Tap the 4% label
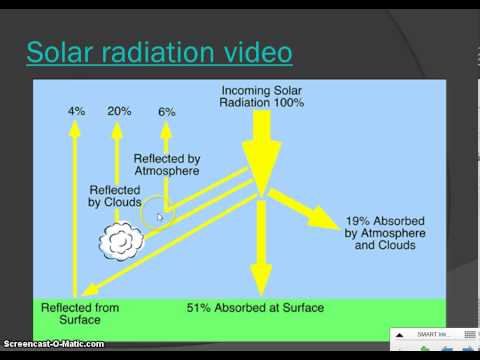click(76, 110)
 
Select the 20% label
click(120, 110)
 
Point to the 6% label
click(166, 110)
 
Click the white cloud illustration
click(121, 239)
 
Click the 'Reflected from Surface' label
click(77, 312)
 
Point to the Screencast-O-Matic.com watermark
click(52, 345)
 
